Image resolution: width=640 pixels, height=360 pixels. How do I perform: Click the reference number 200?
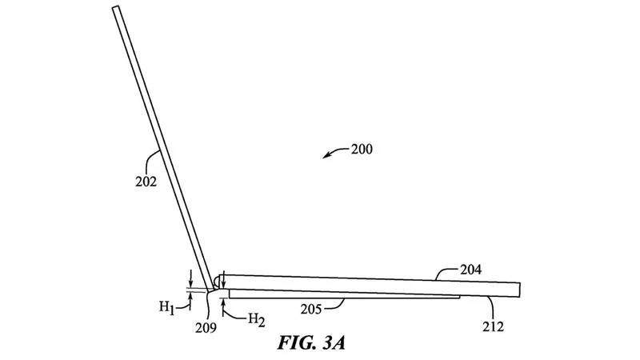[x=360, y=148]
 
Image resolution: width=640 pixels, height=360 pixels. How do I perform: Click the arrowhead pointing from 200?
[x=326, y=156]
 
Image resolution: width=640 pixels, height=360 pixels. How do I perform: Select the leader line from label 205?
[x=342, y=302]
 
